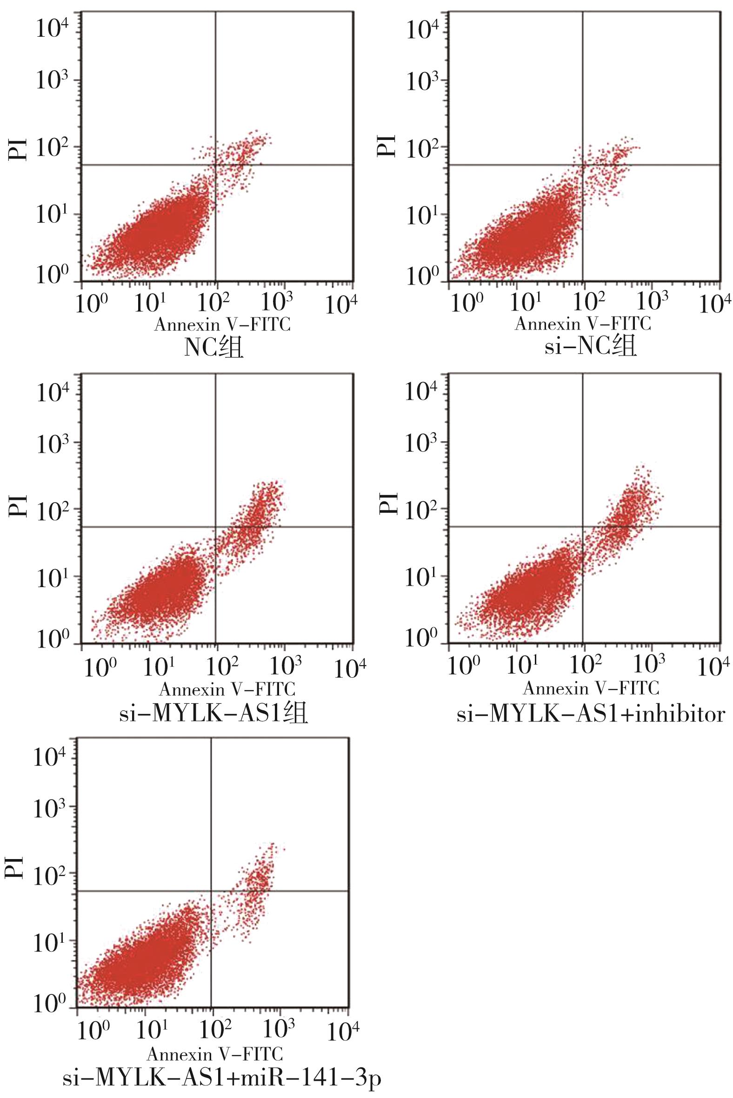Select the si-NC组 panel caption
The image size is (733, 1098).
590,348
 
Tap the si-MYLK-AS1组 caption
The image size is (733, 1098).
213,714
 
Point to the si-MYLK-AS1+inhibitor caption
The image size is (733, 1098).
591,714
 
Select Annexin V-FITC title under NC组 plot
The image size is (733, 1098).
222,324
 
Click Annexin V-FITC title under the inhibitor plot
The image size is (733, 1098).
591,688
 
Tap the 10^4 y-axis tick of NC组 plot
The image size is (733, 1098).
52,29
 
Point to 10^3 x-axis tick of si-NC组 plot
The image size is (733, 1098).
652,302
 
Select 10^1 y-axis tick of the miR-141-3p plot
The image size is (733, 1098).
49,942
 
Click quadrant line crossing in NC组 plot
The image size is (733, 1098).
215,165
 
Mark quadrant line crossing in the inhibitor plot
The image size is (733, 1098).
583,527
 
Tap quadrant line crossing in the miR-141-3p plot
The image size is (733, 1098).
211,891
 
